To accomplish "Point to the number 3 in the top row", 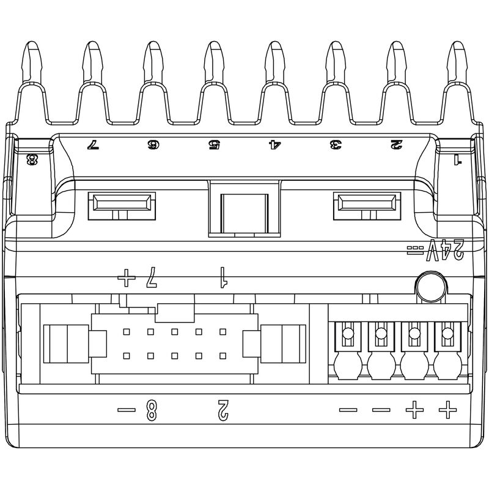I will point(335,145).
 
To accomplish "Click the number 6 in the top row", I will point(152,145).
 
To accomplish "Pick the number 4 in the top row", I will point(274,145).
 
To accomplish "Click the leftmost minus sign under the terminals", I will point(348,410).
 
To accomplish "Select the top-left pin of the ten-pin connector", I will point(127,333).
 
